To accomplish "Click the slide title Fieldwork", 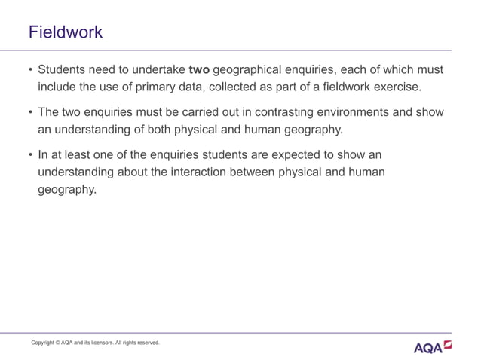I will pyautogui.click(x=66, y=32).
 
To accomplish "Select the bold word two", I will pyautogui.click(x=199, y=70).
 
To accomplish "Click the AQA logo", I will pyautogui.click(x=433, y=347).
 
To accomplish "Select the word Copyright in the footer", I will pyautogui.click(x=44, y=343).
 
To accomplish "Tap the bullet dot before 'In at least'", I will pyautogui.click(x=29, y=155).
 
